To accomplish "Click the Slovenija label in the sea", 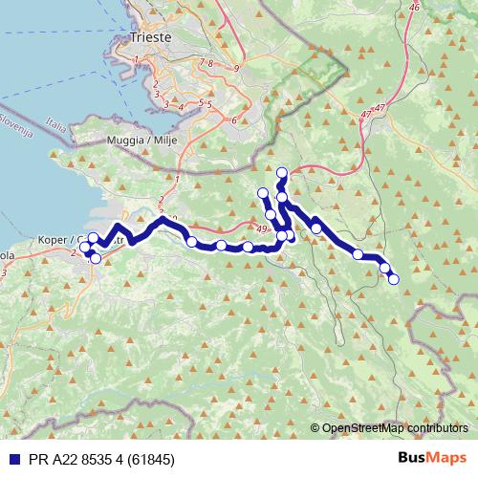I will click(17, 125).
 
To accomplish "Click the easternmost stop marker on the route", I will click(393, 278).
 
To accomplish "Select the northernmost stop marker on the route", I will click(281, 173).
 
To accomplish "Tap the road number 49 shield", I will click(261, 228).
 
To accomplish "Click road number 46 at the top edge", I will click(413, 7).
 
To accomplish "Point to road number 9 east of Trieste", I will click(234, 69).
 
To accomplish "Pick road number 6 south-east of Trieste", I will click(233, 120).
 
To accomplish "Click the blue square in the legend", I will click(12, 458).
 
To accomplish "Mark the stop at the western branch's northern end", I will click(263, 194).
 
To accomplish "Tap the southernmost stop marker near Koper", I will click(95, 258).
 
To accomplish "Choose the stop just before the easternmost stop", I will click(384, 268).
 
